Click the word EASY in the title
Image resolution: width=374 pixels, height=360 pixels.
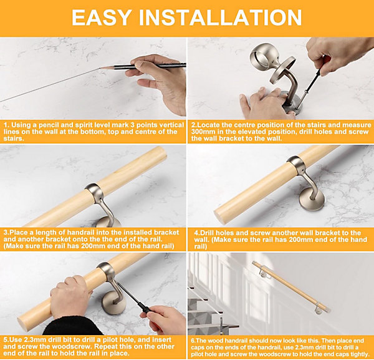102,17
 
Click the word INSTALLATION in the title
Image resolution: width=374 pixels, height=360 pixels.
220,17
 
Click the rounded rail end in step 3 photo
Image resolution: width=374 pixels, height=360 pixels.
160,154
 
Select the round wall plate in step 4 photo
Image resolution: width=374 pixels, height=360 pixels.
311,199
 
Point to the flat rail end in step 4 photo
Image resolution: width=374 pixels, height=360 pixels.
220,216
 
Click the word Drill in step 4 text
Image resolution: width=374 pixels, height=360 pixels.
207,233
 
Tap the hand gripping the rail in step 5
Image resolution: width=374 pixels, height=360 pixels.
70,296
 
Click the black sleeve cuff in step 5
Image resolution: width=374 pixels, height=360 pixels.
72,326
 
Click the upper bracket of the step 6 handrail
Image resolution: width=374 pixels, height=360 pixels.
263,273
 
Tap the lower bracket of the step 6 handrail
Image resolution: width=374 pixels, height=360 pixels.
318,309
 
